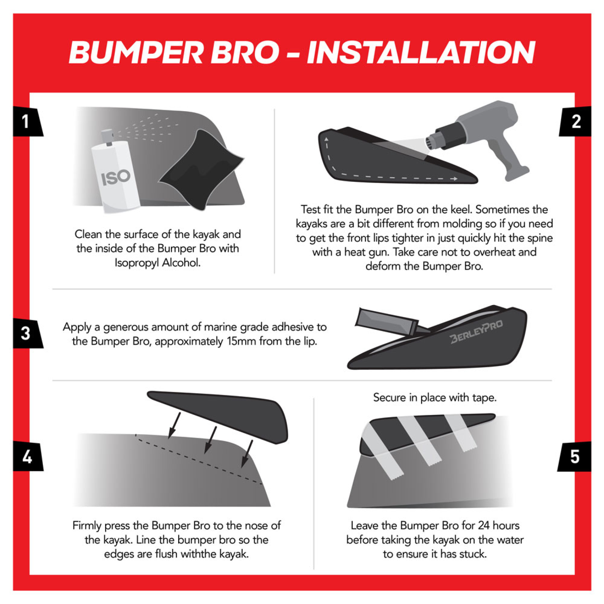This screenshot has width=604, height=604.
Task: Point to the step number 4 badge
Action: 27,457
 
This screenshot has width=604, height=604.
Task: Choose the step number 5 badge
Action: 575,457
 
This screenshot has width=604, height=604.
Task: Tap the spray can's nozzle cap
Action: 107,137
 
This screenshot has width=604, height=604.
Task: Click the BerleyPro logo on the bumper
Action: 477,332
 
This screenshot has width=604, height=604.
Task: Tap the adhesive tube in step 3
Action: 386,322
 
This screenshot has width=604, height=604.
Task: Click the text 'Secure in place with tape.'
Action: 435,398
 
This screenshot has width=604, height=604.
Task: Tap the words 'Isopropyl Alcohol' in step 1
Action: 158,263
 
